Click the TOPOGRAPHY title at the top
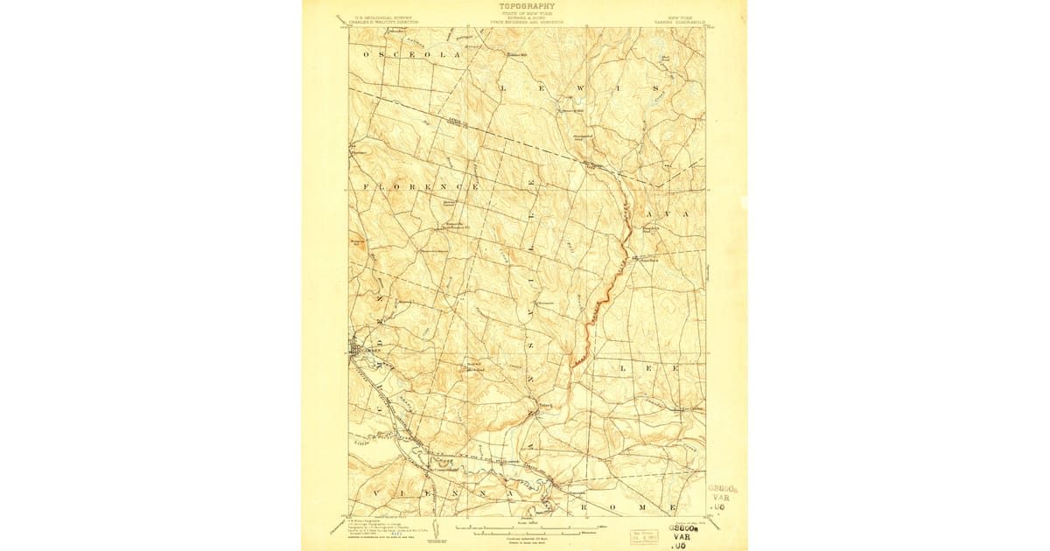point(527,6)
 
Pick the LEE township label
point(648,368)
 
